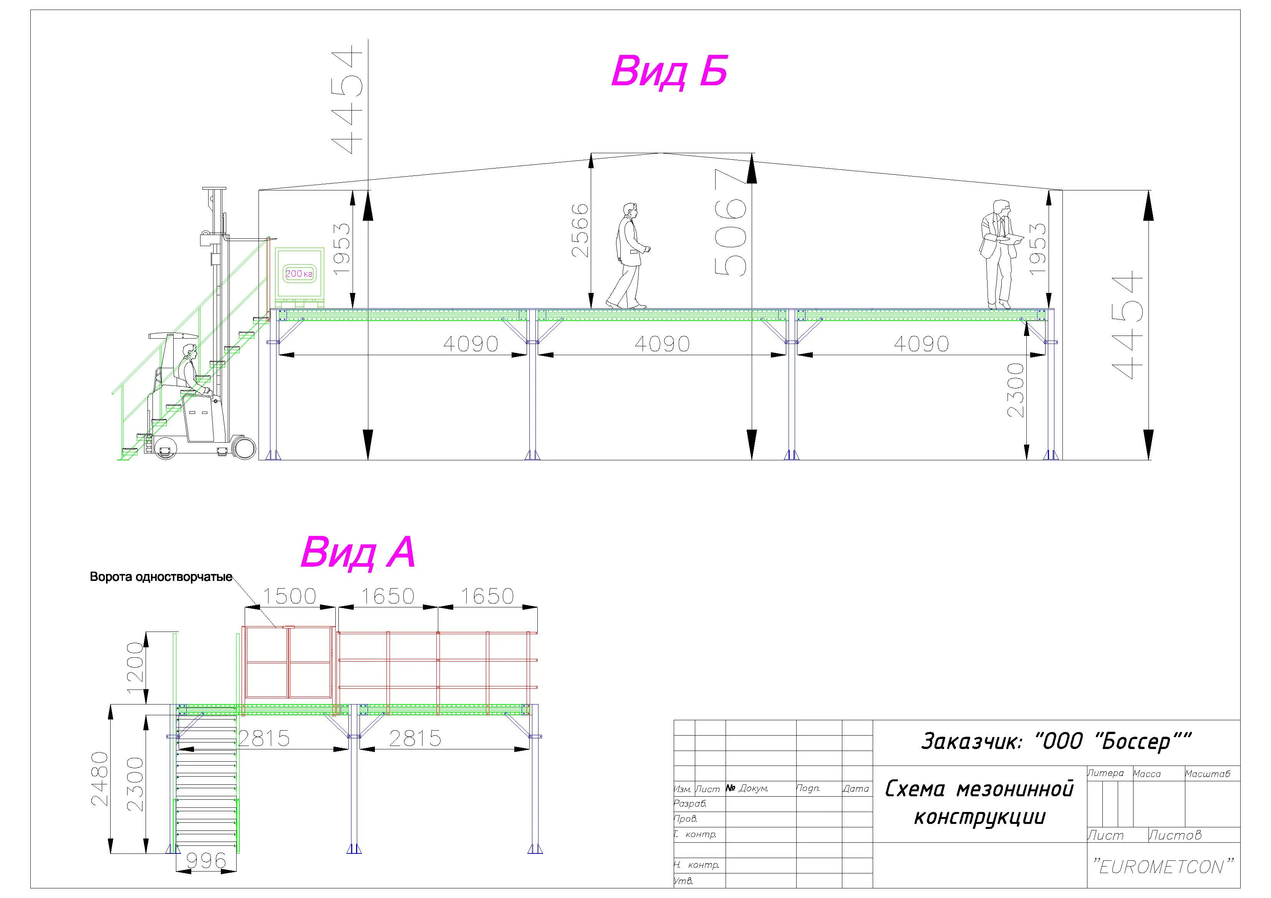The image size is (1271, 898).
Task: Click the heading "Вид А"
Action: (358, 552)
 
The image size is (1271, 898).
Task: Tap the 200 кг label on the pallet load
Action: (299, 273)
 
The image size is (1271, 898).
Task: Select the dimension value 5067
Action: (730, 222)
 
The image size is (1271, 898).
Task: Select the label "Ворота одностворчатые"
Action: (161, 577)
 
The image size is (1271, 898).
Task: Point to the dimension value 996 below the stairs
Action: (206, 860)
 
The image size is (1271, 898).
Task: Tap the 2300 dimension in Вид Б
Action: (1016, 390)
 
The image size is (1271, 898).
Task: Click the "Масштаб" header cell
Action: (1207, 774)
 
